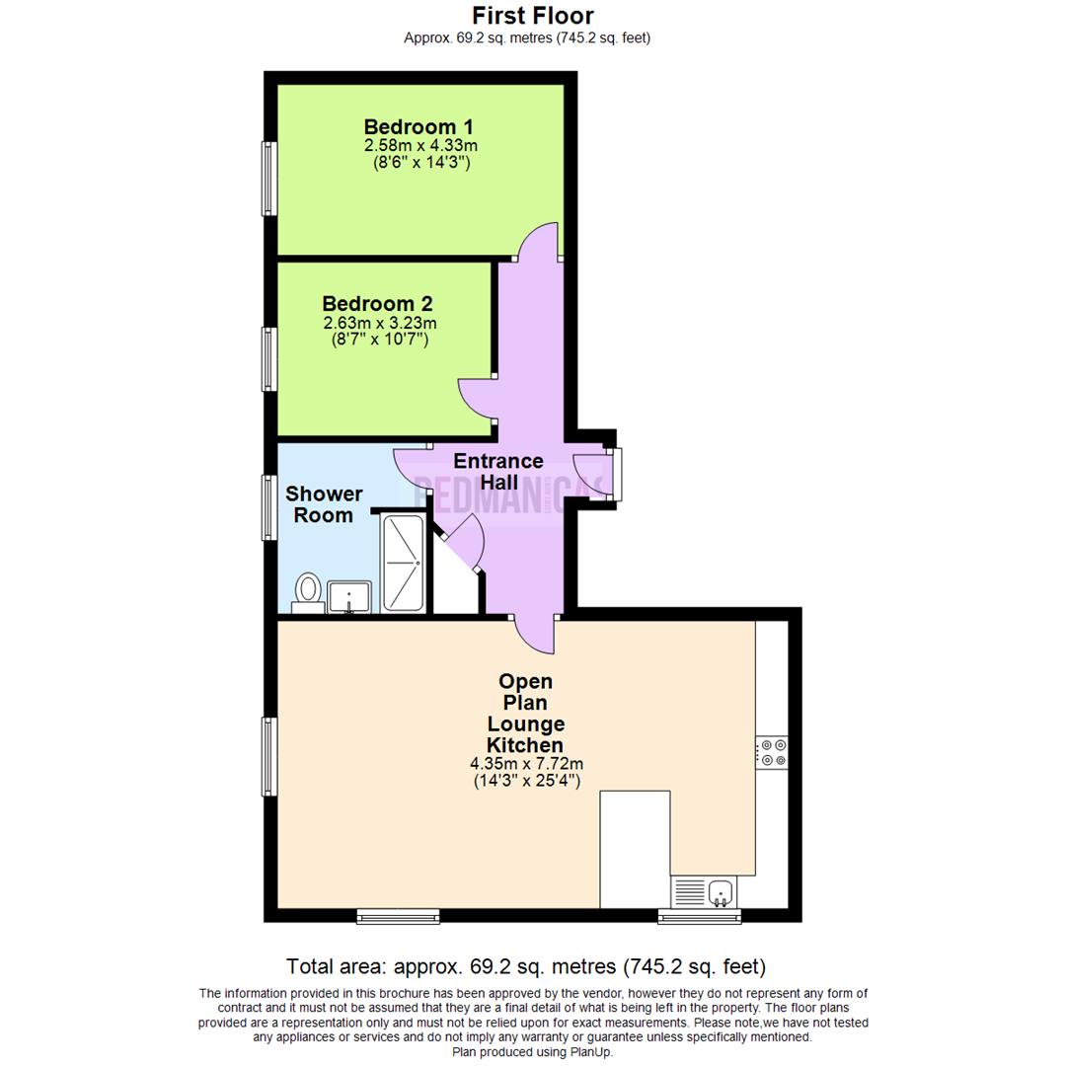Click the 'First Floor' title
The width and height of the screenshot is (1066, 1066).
pyautogui.click(x=532, y=16)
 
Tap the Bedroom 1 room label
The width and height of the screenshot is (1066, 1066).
pyautogui.click(x=419, y=127)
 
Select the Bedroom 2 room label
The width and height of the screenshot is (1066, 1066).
pyautogui.click(x=377, y=304)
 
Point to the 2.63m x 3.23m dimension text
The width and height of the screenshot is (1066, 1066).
pyautogui.click(x=380, y=323)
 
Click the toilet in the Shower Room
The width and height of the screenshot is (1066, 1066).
pyautogui.click(x=308, y=592)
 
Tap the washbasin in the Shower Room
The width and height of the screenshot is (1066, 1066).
pyautogui.click(x=349, y=597)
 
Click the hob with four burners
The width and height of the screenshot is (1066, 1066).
pyautogui.click(x=772, y=752)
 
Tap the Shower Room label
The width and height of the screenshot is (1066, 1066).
pyautogui.click(x=325, y=504)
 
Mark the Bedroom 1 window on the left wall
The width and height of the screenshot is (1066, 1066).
pyautogui.click(x=268, y=178)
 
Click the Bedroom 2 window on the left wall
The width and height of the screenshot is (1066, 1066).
pyautogui.click(x=268, y=358)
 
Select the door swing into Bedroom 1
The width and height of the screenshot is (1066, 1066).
pyautogui.click(x=539, y=241)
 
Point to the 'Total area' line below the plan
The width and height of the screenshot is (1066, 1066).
pyautogui.click(x=525, y=965)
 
